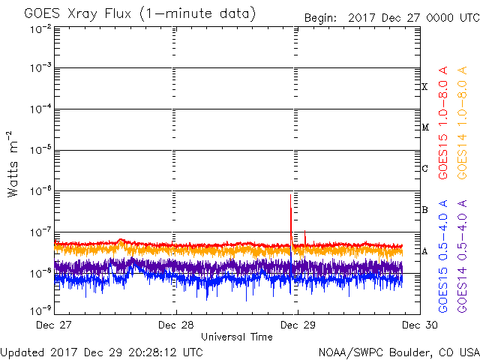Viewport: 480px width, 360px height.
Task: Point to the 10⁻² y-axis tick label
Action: click(40, 29)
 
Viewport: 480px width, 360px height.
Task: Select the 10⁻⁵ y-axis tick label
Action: click(40, 150)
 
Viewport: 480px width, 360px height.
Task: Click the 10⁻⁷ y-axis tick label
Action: click(40, 232)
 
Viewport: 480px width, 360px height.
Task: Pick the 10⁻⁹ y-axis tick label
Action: click(40, 310)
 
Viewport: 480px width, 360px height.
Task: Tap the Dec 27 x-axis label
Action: click(53, 325)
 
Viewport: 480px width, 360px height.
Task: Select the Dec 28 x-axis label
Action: click(176, 325)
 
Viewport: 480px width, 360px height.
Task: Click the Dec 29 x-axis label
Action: click(298, 325)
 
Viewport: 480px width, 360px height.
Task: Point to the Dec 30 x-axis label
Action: click(420, 325)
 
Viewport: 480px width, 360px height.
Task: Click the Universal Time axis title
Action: click(237, 337)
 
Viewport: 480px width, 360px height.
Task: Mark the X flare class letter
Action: click(424, 87)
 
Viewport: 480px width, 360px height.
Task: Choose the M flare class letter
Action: click(425, 127)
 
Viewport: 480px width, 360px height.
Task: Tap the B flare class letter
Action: click(425, 210)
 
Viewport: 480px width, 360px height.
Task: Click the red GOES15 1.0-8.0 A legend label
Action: click(443, 123)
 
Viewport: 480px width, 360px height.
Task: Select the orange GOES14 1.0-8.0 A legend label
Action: click(462, 123)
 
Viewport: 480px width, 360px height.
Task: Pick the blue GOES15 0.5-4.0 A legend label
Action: click(443, 256)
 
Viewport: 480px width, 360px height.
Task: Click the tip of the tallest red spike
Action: click(290, 194)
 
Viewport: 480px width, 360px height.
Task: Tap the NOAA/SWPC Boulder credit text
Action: click(399, 352)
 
